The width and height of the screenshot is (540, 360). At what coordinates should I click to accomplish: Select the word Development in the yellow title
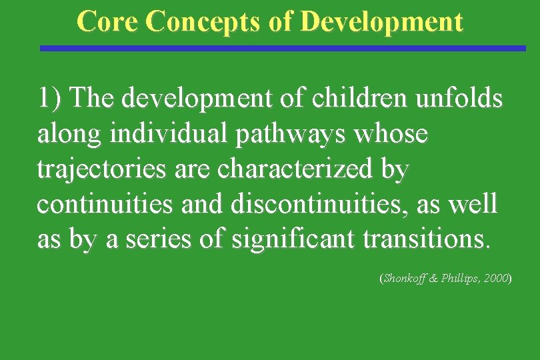coord(381,21)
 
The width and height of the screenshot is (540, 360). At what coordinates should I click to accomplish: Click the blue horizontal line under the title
coord(283,48)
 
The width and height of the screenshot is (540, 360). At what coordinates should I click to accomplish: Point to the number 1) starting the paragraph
coord(50,99)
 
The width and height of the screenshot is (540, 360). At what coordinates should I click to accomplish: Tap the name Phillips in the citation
coord(461,278)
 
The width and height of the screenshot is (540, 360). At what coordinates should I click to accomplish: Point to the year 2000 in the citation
coord(497,278)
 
